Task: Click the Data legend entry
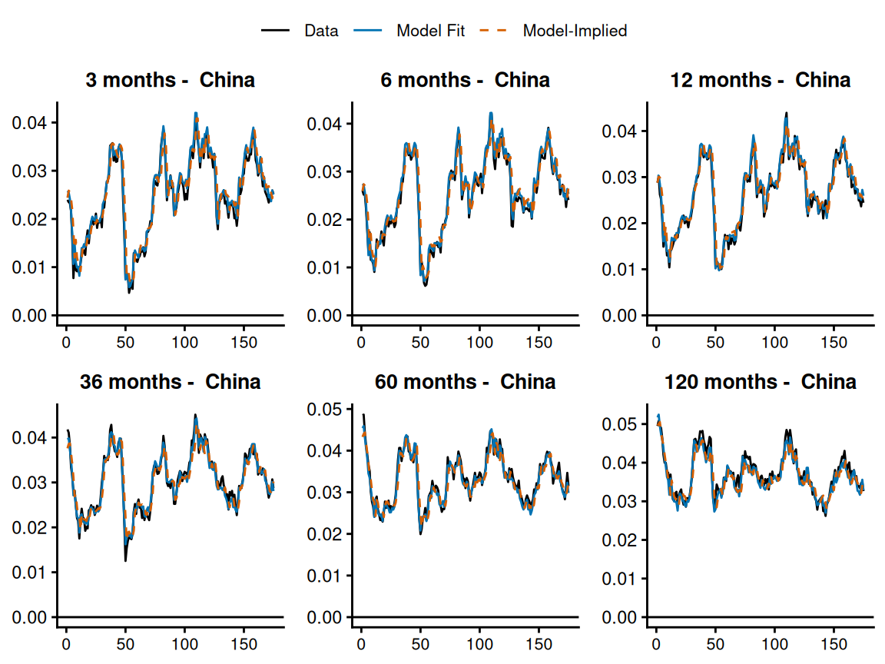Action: (321, 31)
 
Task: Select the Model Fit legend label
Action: (430, 31)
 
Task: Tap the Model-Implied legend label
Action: (575, 31)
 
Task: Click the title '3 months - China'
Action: (170, 80)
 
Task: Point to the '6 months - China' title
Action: (465, 80)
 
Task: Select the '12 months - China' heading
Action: (760, 80)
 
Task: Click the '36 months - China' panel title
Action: (170, 382)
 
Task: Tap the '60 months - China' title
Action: (465, 382)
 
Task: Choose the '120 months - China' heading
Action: (760, 382)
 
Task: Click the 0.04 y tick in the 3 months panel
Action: (29, 123)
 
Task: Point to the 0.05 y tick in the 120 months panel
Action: (619, 424)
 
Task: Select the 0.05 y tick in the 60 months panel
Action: (324, 409)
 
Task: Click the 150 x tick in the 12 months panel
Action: (834, 339)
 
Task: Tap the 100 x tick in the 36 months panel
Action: (184, 641)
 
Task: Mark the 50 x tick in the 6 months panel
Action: (420, 339)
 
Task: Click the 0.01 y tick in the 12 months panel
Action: (619, 270)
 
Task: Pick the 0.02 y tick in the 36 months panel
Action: (29, 528)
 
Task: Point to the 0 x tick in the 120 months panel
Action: (656, 641)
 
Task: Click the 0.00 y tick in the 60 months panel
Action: (324, 617)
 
